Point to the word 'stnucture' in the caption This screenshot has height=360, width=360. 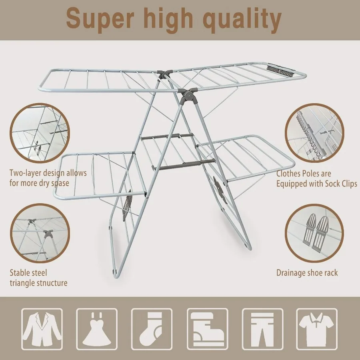[50, 283]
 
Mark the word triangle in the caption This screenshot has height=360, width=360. [23, 283]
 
